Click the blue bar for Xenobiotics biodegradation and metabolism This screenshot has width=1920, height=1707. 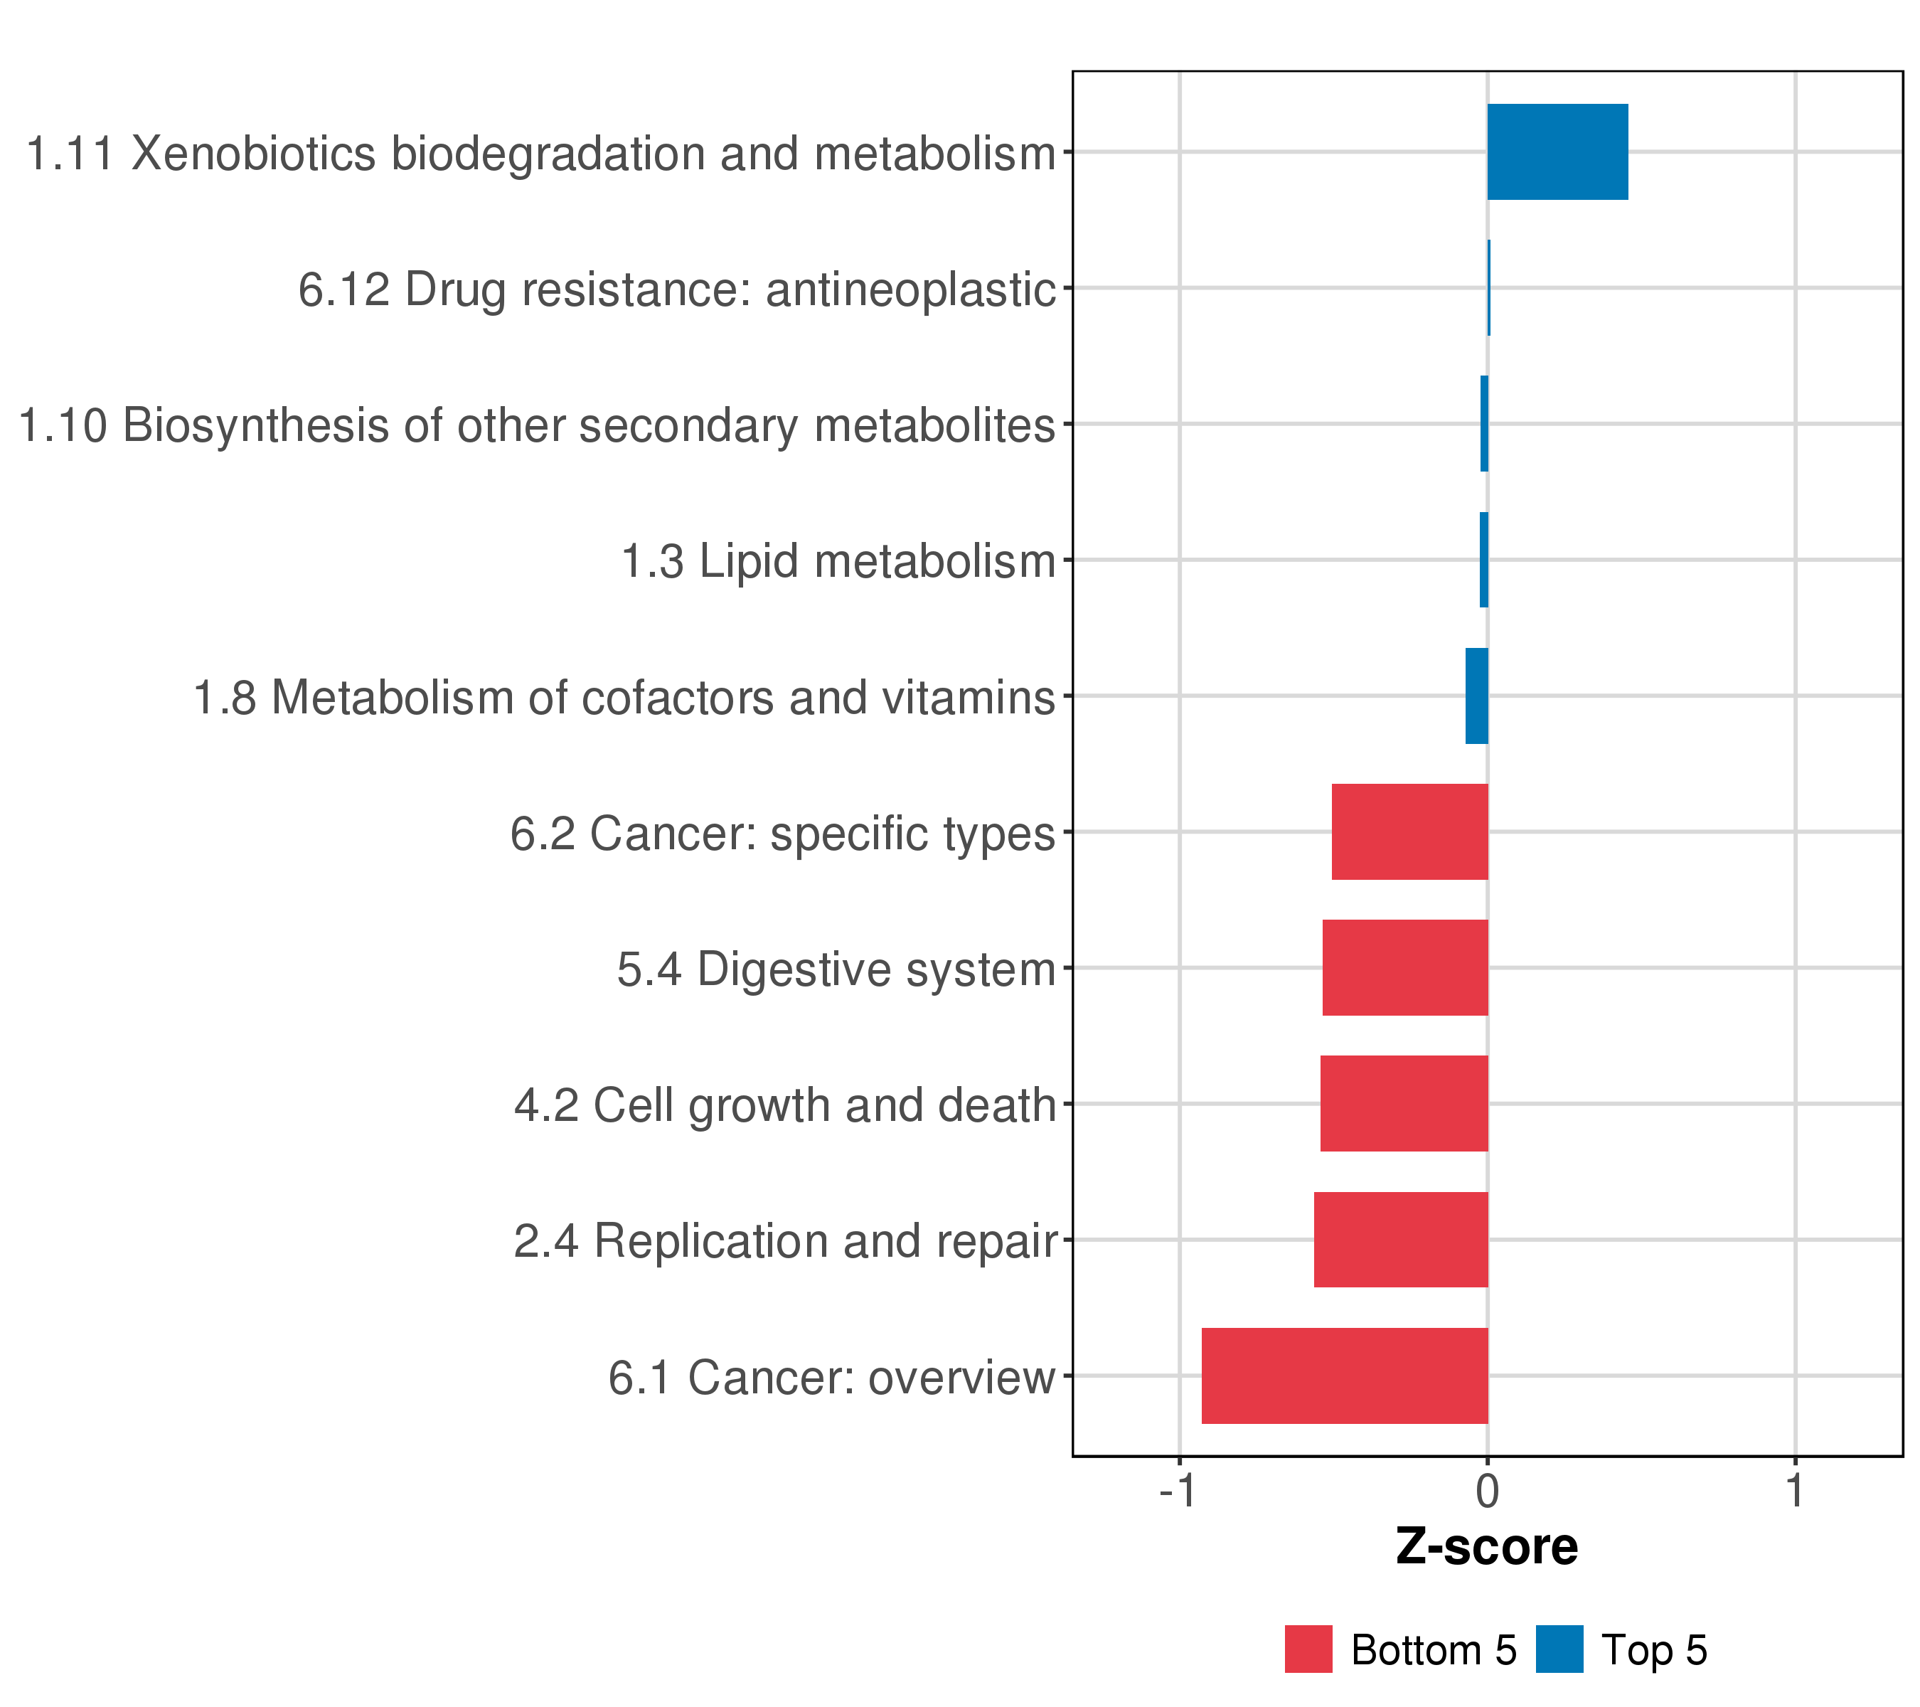(1557, 152)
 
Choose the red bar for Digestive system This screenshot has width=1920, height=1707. (1404, 967)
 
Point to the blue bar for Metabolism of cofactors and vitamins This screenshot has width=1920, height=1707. (1477, 696)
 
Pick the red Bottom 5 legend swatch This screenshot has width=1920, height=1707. (1308, 1649)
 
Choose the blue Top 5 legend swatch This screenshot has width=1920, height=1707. (1559, 1649)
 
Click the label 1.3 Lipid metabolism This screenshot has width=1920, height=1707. (839, 561)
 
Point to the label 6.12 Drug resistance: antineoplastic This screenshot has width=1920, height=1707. (677, 289)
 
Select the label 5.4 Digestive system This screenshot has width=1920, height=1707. (836, 969)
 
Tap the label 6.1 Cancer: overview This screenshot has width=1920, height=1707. (831, 1377)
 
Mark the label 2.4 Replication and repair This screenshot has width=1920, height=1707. (785, 1240)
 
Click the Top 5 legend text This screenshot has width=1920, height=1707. (1654, 1651)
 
